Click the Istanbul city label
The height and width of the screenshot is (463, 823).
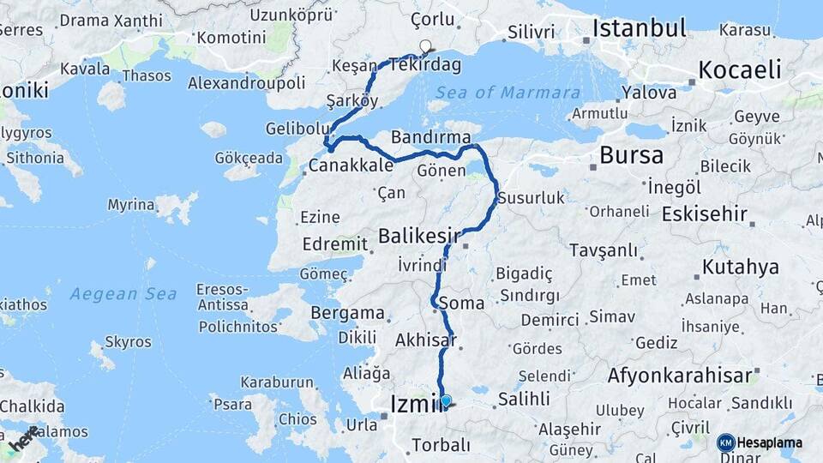click(x=640, y=28)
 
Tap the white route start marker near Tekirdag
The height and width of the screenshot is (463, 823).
click(x=425, y=46)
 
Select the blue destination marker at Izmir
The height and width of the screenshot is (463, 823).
click(x=446, y=400)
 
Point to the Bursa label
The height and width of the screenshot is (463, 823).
click(x=631, y=155)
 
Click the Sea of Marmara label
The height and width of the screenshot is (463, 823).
click(x=508, y=93)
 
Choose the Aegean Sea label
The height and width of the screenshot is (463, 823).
click(x=123, y=294)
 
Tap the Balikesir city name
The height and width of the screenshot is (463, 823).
click(x=420, y=234)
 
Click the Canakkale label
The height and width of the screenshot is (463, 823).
click(x=351, y=165)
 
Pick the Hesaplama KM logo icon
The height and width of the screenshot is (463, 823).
click(x=726, y=442)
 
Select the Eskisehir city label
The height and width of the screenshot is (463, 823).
click(x=705, y=214)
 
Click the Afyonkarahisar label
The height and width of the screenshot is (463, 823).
click(x=680, y=375)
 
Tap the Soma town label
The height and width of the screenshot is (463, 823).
click(x=461, y=303)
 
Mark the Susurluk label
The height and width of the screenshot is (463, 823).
click(x=532, y=198)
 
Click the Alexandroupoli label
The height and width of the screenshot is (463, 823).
click(x=246, y=82)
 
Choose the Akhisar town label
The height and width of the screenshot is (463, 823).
click(x=425, y=340)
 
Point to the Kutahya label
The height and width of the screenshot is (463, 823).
click(x=741, y=268)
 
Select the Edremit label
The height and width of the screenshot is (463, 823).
click(x=334, y=244)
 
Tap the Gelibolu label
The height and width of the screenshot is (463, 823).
click(x=292, y=128)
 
